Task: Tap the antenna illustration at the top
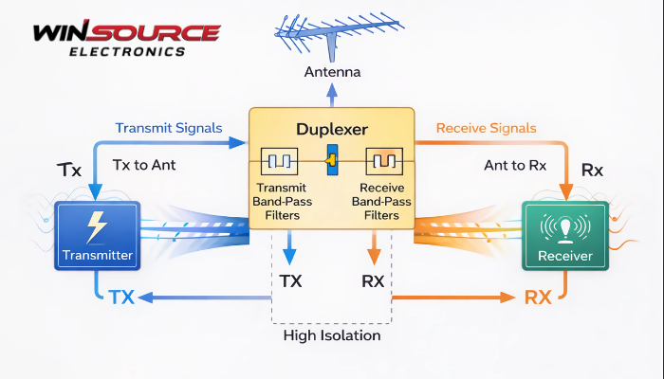331,35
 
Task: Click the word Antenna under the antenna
332,72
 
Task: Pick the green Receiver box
564,234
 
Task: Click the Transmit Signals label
169,128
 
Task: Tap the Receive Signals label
487,128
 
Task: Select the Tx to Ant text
144,165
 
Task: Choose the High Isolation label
332,335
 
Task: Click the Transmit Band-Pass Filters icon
279,162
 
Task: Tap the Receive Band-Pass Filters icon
385,162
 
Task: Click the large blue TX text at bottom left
120,297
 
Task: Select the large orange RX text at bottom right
538,297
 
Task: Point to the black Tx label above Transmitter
69,171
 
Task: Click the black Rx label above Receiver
592,171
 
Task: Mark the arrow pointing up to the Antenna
332,95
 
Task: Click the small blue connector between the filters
332,161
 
